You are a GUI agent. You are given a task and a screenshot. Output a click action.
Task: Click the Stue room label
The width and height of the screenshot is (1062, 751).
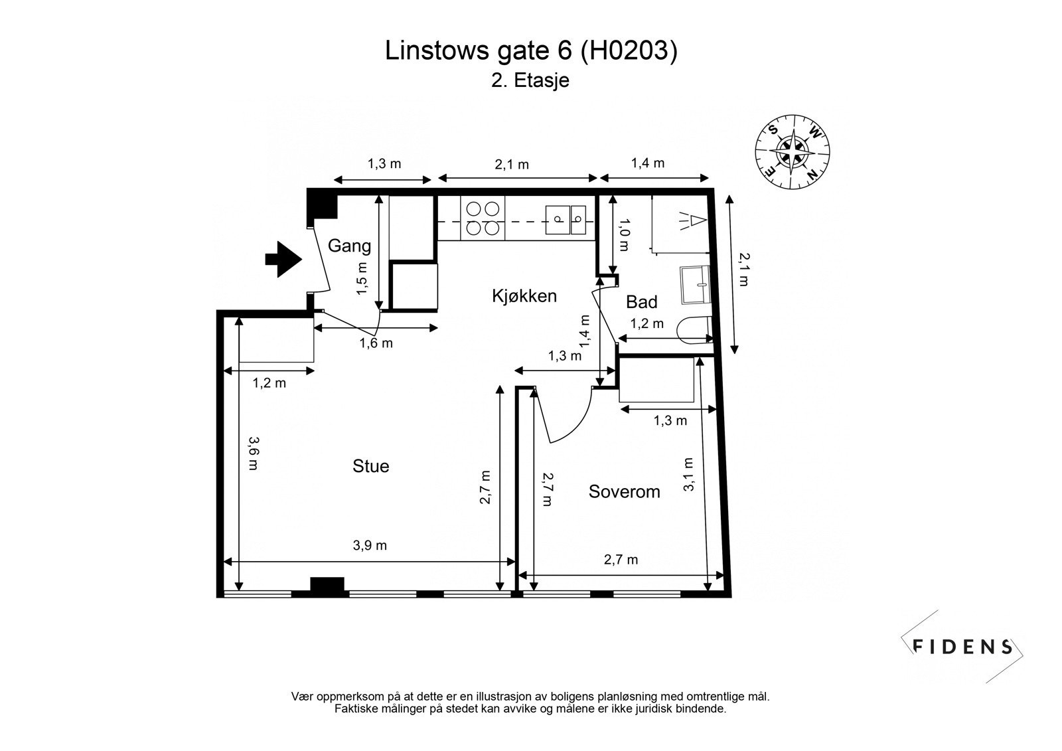point(370,466)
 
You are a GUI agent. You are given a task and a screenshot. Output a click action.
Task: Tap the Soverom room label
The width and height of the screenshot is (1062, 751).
point(624,491)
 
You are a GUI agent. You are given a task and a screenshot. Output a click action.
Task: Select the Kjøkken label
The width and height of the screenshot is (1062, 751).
point(524,295)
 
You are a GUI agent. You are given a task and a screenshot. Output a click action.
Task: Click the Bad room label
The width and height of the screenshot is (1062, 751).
point(641,302)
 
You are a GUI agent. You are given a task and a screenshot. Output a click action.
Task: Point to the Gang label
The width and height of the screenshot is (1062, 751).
point(349,246)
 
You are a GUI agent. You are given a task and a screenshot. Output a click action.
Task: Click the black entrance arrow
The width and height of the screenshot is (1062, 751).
point(283,259)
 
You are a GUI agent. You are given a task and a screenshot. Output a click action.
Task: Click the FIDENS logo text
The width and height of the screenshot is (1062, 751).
point(962,646)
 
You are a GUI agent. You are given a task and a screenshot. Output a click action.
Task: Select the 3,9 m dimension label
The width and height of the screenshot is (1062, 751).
point(370,546)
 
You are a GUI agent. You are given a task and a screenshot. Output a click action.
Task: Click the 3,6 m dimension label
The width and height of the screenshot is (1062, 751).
point(253,453)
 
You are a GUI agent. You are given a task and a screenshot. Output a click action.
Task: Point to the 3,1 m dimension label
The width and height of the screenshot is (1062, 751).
point(688,474)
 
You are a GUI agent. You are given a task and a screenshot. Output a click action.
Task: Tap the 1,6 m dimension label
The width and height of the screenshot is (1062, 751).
point(376,343)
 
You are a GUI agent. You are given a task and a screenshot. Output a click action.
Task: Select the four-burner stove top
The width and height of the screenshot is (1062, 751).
point(482,218)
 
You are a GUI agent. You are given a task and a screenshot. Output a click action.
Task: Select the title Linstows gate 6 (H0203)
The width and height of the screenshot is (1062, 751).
point(531,51)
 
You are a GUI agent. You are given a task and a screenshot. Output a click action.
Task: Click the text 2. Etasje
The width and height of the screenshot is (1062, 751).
point(530,80)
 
